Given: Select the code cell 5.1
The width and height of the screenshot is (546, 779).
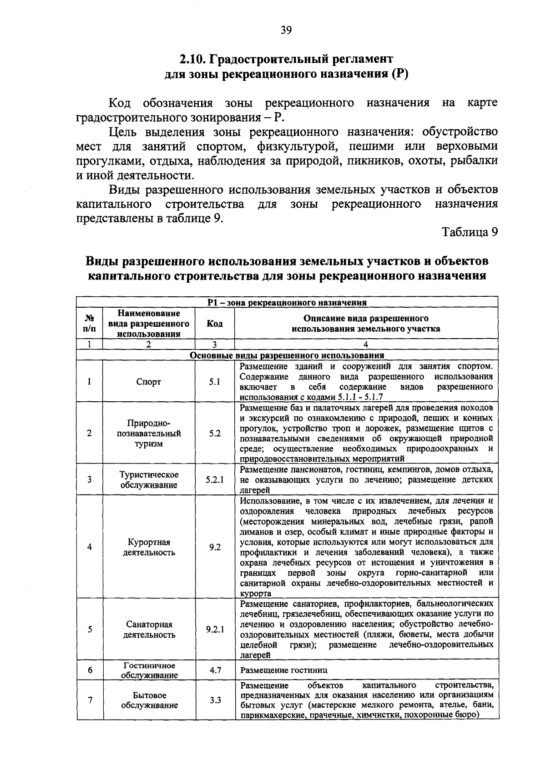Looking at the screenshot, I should pos(215,382).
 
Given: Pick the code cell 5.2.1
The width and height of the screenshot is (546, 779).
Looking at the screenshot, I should pos(215,479).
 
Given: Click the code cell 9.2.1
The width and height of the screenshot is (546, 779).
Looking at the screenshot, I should pos(215,629).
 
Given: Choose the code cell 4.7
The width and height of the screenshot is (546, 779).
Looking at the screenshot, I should pos(215,670).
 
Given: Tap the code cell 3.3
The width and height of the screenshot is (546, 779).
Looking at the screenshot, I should pos(215,700).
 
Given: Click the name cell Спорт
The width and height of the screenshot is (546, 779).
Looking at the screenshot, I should pos(149,382).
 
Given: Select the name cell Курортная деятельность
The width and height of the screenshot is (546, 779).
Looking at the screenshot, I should pos(149,547).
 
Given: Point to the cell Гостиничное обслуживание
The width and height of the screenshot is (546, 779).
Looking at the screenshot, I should pos(149,670).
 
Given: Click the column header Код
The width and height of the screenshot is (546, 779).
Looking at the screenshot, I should pos(215,324).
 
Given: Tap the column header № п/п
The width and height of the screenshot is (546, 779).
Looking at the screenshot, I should pos(90,324).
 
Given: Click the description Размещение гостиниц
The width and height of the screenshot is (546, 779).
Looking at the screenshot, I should pos(283,670).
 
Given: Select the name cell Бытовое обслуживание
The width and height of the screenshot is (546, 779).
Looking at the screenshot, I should pos(149,700).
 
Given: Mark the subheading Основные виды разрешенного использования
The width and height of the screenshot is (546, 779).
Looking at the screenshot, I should pos(287,355).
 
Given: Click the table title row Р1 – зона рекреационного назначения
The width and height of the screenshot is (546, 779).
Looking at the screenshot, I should pos(287,302).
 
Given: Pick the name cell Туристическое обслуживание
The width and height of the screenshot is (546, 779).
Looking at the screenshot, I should pos(149,479).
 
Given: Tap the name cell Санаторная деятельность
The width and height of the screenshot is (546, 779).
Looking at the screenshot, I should pos(149,629).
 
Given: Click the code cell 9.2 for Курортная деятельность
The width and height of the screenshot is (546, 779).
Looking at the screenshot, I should pos(215,547).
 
